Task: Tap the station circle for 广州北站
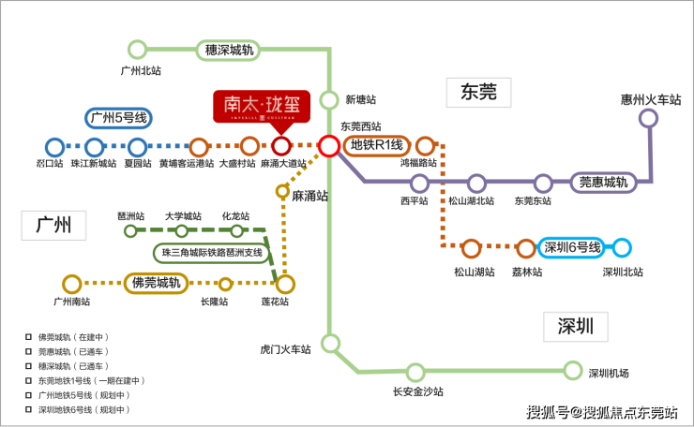(138, 50)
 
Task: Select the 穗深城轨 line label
(228, 50)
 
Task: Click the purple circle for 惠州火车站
(647, 118)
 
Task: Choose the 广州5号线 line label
(118, 118)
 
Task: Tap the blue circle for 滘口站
(53, 147)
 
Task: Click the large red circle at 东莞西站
(328, 146)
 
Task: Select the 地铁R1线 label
(376, 145)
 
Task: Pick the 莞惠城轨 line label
(603, 182)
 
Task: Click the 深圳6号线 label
(569, 248)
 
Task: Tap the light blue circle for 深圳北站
(622, 248)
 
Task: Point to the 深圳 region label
(575, 327)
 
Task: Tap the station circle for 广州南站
(71, 283)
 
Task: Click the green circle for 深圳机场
(573, 370)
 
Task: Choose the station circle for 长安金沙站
(415, 372)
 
